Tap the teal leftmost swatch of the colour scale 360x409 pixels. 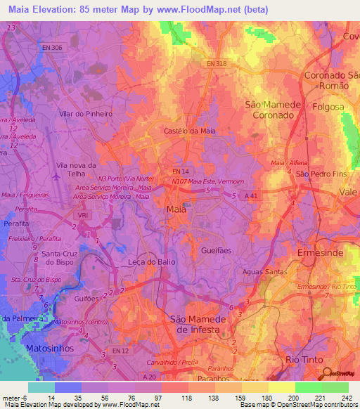coord(41,387)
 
